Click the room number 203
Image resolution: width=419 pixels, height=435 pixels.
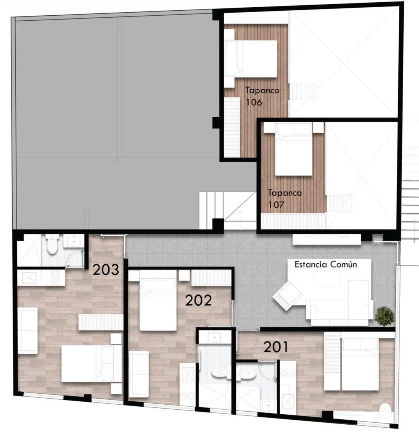tap(106, 270)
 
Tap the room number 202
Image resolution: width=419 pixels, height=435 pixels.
tap(198, 300)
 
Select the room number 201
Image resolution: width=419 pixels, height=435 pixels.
tap(276, 347)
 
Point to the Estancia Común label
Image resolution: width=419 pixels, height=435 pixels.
tap(326, 264)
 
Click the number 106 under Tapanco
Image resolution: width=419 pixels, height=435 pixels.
tap(254, 102)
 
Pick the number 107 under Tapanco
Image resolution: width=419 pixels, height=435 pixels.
tap(277, 205)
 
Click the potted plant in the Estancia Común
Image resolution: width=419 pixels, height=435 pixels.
tap(384, 316)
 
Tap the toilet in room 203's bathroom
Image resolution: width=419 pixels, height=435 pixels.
tap(52, 245)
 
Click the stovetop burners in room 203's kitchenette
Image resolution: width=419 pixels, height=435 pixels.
tap(56, 277)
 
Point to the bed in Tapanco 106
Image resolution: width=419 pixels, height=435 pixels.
tap(251, 59)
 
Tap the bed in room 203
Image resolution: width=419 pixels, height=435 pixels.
tap(86, 363)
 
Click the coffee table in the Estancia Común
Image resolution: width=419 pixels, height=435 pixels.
tap(327, 278)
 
